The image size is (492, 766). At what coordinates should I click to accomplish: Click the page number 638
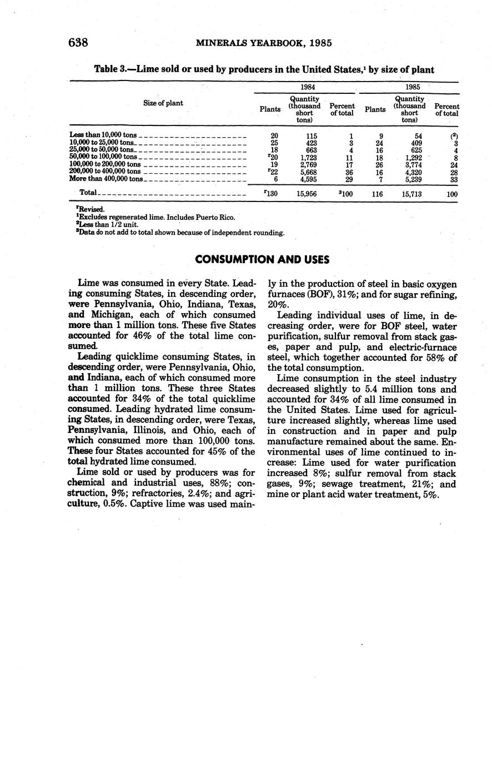pos(79,43)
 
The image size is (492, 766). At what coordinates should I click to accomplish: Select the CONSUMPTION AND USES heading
pos(262,260)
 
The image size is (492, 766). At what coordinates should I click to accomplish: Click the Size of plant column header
pos(163,103)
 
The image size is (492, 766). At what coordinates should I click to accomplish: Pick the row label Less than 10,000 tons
pos(103,135)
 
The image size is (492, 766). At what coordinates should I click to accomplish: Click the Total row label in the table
pos(88,193)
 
